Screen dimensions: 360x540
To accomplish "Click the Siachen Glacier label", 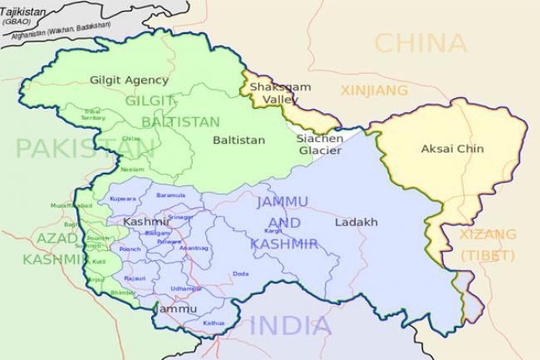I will [x=320, y=145].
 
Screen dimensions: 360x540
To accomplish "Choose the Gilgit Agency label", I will [x=129, y=81].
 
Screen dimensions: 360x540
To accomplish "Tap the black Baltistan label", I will [x=238, y=140].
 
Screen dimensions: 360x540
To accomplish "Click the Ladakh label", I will [x=356, y=223].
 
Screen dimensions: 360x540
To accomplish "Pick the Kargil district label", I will [x=272, y=230].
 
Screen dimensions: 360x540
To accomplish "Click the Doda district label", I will [x=241, y=274].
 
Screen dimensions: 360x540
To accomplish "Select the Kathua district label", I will [x=213, y=323].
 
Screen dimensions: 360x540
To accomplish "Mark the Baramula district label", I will [x=171, y=195].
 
